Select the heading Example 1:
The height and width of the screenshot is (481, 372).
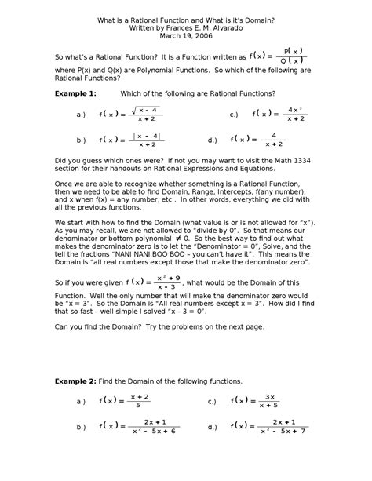point(75,93)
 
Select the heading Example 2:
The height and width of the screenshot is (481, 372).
point(75,381)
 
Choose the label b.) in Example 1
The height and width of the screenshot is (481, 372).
point(81,140)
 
